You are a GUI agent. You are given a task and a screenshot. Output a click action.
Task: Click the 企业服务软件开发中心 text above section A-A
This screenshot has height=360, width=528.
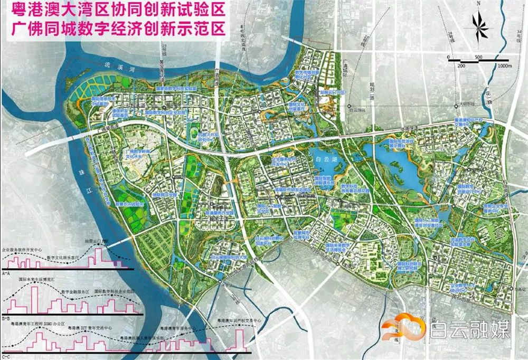point(24,248)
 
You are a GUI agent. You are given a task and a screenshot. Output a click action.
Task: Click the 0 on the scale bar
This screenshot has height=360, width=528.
point(448,56)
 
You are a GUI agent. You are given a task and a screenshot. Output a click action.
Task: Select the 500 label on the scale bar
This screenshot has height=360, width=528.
point(478,56)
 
